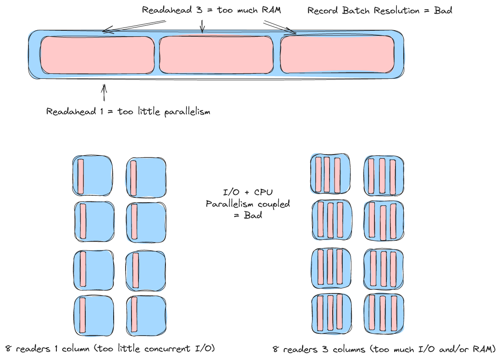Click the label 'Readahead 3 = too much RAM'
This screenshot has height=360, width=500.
pos(211,10)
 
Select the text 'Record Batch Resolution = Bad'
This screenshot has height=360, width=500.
pos(379,11)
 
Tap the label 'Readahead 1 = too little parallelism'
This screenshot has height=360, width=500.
pos(128,112)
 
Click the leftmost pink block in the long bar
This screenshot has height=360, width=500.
pos(97,55)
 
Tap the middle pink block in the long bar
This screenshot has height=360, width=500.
pos(216,55)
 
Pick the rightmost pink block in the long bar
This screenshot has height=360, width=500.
pos(337,55)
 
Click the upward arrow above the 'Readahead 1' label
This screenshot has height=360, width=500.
pos(104,92)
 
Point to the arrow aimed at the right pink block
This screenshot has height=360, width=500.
pos(280,28)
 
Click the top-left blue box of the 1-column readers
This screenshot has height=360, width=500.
pos(93,177)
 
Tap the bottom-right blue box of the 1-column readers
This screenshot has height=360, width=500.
pos(146,316)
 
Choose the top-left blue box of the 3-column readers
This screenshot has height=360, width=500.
pos(331,175)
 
